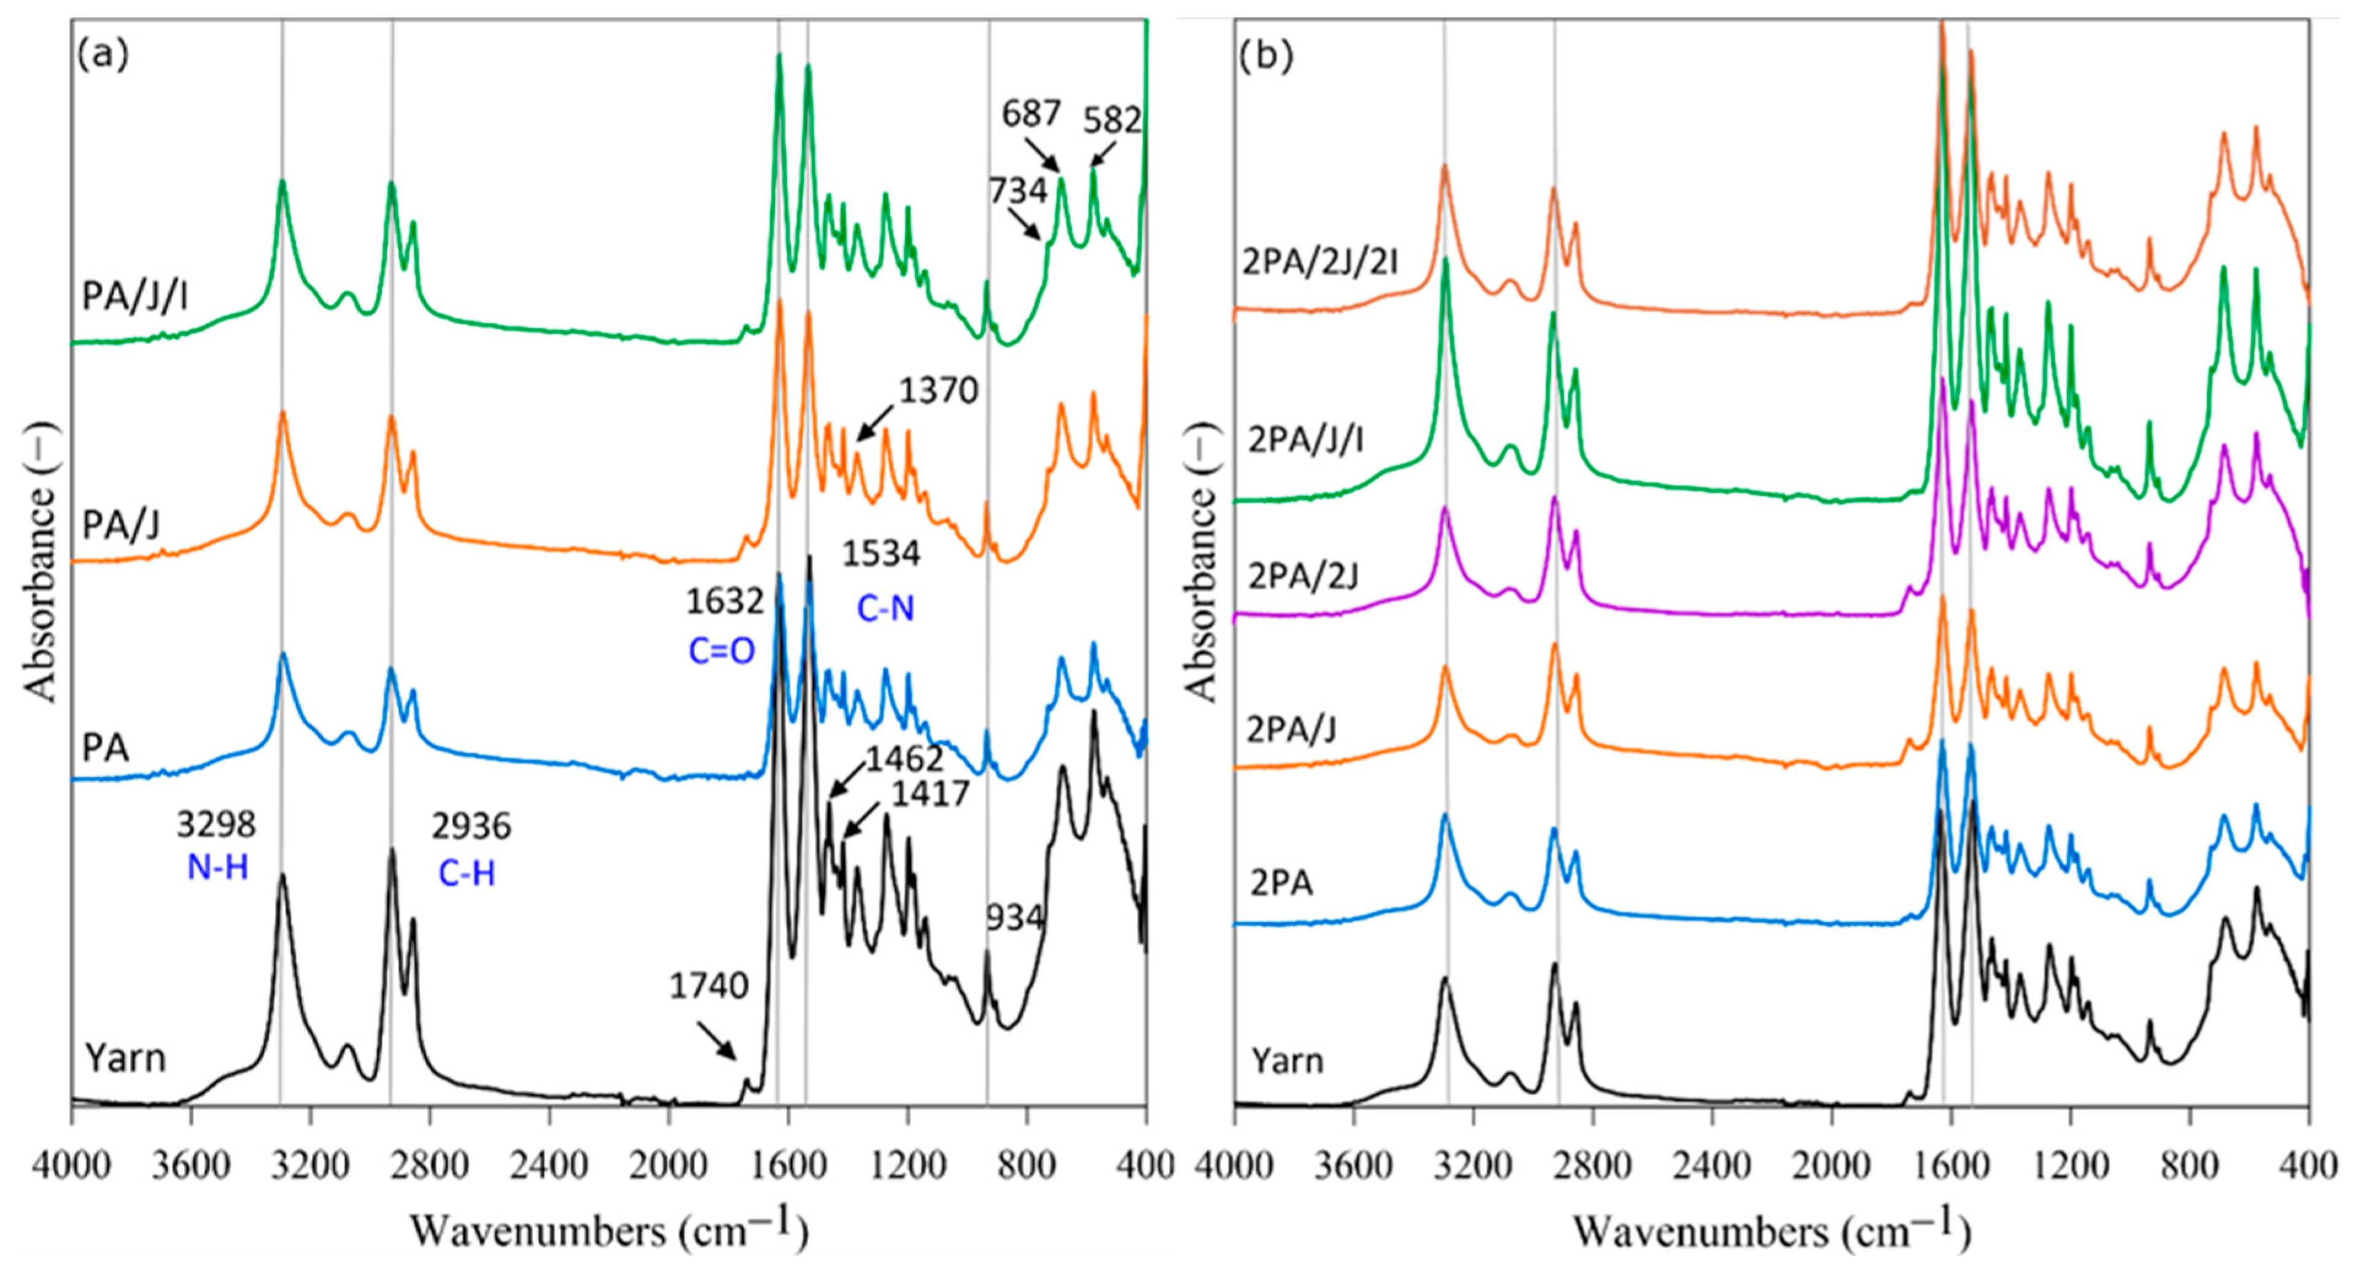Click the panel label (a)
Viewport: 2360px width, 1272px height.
(103, 56)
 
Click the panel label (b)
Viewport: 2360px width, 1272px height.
(1265, 56)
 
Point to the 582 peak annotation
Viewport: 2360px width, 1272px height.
(1112, 121)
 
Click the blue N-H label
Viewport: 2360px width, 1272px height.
(217, 867)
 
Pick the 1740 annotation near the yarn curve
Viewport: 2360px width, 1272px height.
(708, 986)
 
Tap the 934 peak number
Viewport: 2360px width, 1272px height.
(1014, 917)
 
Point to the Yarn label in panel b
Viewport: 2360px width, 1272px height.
(1287, 1062)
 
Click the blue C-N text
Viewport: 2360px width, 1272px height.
(885, 609)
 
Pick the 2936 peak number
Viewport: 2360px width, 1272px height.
(471, 827)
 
